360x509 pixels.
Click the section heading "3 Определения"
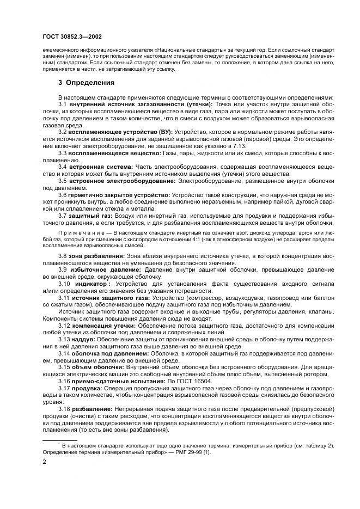(86, 83)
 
